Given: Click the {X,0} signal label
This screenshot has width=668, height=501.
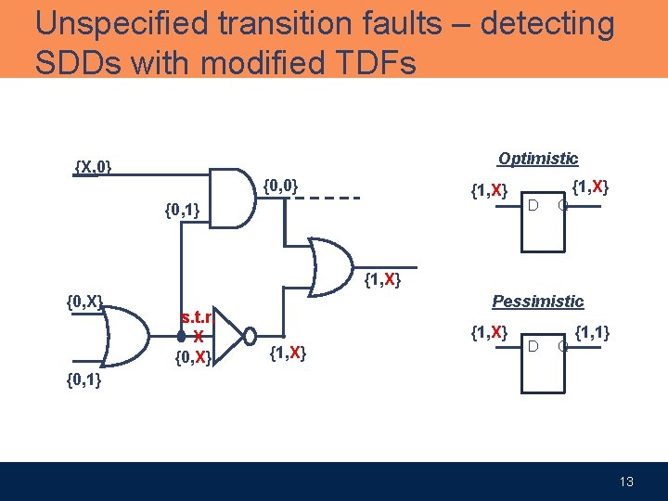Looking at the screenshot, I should click(93, 167).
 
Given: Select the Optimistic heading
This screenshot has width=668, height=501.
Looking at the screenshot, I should click(537, 159).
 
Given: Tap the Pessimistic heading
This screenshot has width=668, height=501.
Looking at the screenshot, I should click(537, 302).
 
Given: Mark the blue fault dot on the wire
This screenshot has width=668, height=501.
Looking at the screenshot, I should click(182, 337).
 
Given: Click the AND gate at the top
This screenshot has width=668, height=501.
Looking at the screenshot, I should click(231, 197).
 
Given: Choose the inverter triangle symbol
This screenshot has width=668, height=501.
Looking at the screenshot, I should click(231, 336).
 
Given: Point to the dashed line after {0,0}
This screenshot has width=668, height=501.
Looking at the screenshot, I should click(328, 198).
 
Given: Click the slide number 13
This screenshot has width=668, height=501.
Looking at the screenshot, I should click(627, 482).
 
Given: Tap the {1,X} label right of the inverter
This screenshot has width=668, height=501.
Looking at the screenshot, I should click(287, 353).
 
